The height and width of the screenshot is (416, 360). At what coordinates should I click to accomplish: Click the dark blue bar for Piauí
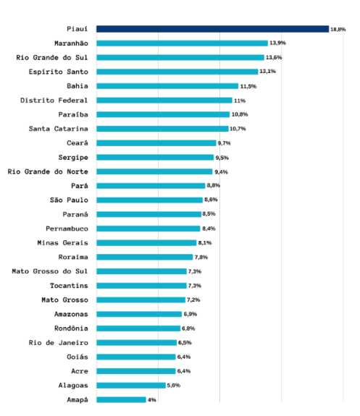212,29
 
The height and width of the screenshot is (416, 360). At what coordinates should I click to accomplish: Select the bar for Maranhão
182,43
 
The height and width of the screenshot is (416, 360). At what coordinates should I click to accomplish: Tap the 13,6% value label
274,57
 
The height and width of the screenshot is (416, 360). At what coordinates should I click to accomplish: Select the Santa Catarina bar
162,129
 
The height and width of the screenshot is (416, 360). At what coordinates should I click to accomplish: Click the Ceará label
78,143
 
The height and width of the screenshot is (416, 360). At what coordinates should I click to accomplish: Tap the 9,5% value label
223,157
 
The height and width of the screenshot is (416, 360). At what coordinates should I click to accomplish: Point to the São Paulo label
69,200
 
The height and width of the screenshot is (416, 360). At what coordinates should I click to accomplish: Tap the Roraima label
73,257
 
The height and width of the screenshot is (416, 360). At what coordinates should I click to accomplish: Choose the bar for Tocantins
141,285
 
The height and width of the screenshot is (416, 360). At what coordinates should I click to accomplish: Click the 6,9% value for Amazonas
191,314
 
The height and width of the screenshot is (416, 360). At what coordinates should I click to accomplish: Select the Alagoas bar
131,385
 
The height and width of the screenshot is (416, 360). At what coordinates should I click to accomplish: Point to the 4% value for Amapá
152,399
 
